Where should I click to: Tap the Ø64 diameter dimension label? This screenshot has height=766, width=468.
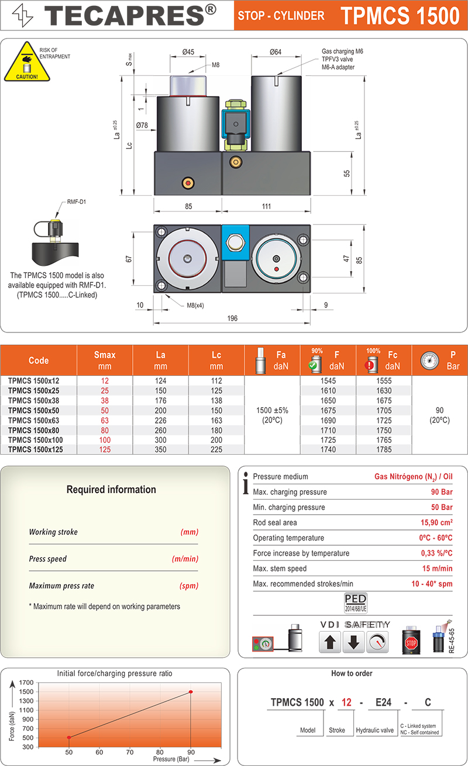(276, 52)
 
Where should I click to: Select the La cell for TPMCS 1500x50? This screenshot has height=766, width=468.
(160, 411)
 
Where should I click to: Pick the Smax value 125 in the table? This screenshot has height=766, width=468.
(105, 450)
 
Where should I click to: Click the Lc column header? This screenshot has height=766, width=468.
(216, 360)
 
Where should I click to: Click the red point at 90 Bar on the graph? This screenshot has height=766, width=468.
(191, 692)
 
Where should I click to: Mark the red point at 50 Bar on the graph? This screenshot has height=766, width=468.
(69, 737)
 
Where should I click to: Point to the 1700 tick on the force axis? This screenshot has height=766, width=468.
(26, 682)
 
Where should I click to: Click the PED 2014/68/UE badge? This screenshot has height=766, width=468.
(356, 602)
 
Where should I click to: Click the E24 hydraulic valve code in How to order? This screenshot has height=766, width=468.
(383, 702)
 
